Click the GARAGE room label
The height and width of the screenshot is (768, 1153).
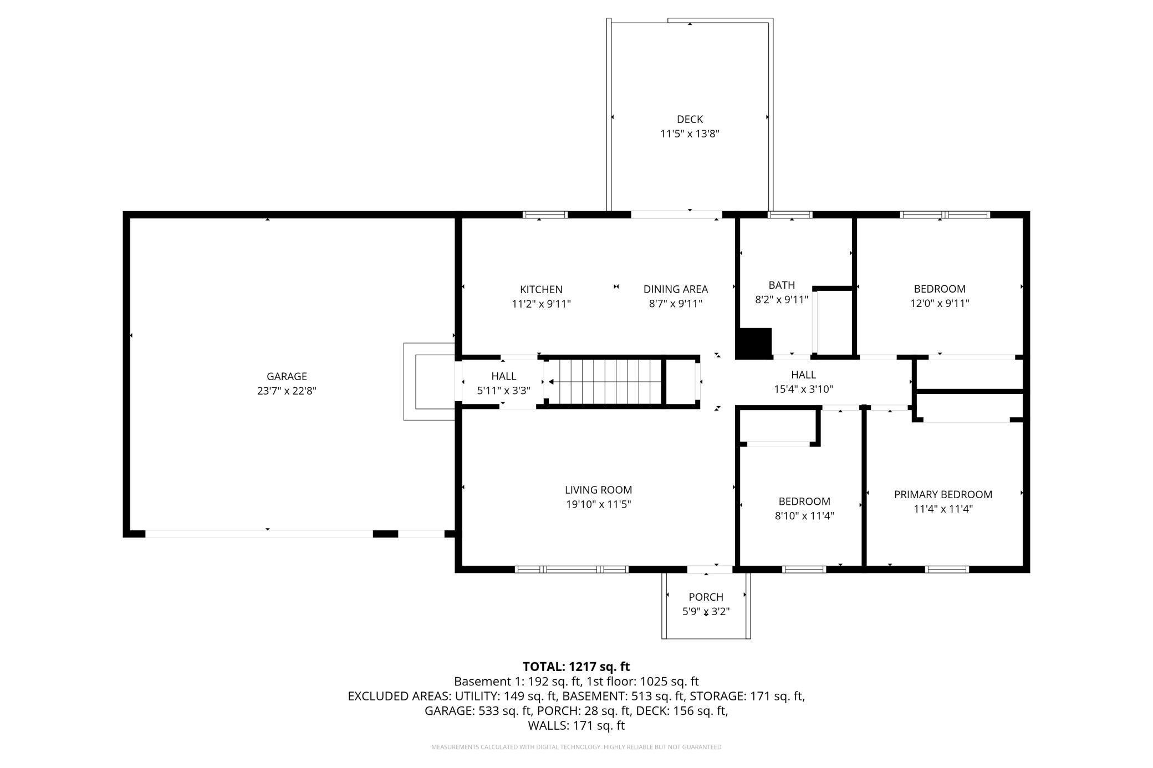pyautogui.click(x=287, y=376)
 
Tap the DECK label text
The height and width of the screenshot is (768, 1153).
pyautogui.click(x=690, y=119)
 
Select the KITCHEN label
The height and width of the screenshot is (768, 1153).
pyautogui.click(x=541, y=289)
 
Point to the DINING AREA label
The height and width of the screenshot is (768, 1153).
pyautogui.click(x=676, y=289)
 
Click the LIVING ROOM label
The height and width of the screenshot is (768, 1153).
pyautogui.click(x=598, y=490)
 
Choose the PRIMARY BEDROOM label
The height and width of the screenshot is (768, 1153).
pyautogui.click(x=943, y=494)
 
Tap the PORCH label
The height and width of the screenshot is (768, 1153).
pyautogui.click(x=706, y=597)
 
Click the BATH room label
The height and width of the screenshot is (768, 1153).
pyautogui.click(x=782, y=285)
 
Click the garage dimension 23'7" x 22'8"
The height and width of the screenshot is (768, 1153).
pyautogui.click(x=287, y=391)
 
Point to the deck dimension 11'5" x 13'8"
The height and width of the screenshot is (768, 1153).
pyautogui.click(x=690, y=134)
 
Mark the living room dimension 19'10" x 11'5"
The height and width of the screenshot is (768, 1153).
pyautogui.click(x=598, y=504)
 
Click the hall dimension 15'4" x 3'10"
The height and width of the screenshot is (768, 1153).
pyautogui.click(x=803, y=389)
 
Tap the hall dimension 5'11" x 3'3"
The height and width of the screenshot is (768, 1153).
pyautogui.click(x=503, y=391)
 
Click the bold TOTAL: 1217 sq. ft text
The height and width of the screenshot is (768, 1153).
pyautogui.click(x=576, y=667)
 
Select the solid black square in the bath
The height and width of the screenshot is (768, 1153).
pyautogui.click(x=754, y=343)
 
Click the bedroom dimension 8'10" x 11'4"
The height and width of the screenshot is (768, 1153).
pyautogui.click(x=804, y=516)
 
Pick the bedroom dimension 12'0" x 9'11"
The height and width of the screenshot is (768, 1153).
pyautogui.click(x=940, y=303)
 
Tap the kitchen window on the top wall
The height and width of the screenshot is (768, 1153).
pyautogui.click(x=545, y=214)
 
